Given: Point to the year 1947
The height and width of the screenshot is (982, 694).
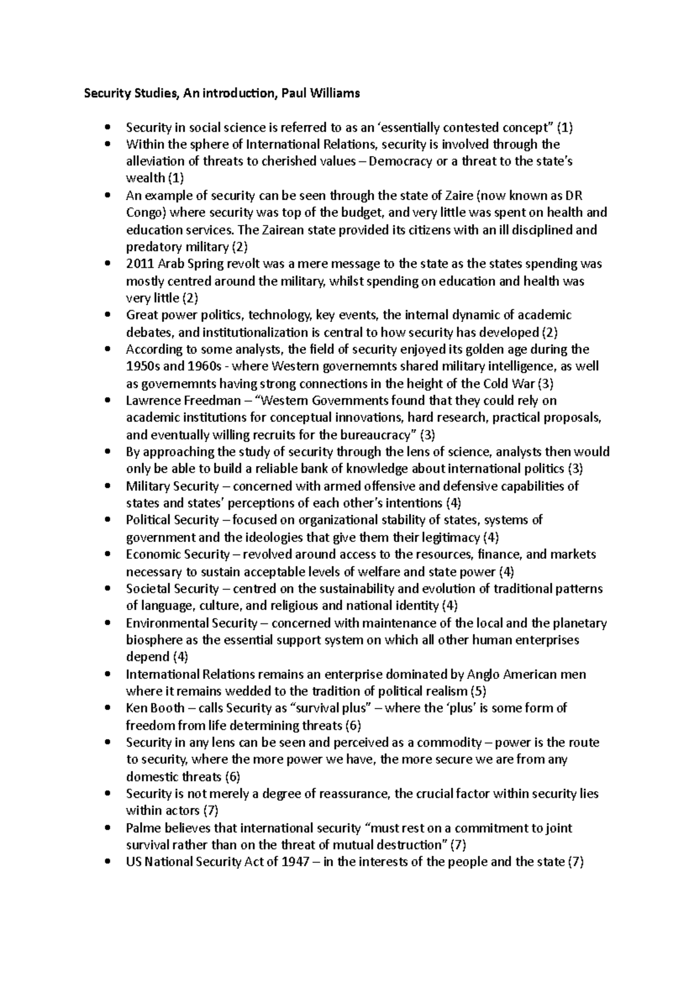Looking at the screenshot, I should coord(301,862).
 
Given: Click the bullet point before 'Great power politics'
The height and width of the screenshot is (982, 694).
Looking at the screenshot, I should coord(108,316).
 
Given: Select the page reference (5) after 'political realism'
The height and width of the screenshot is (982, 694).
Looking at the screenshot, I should coord(478,692).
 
